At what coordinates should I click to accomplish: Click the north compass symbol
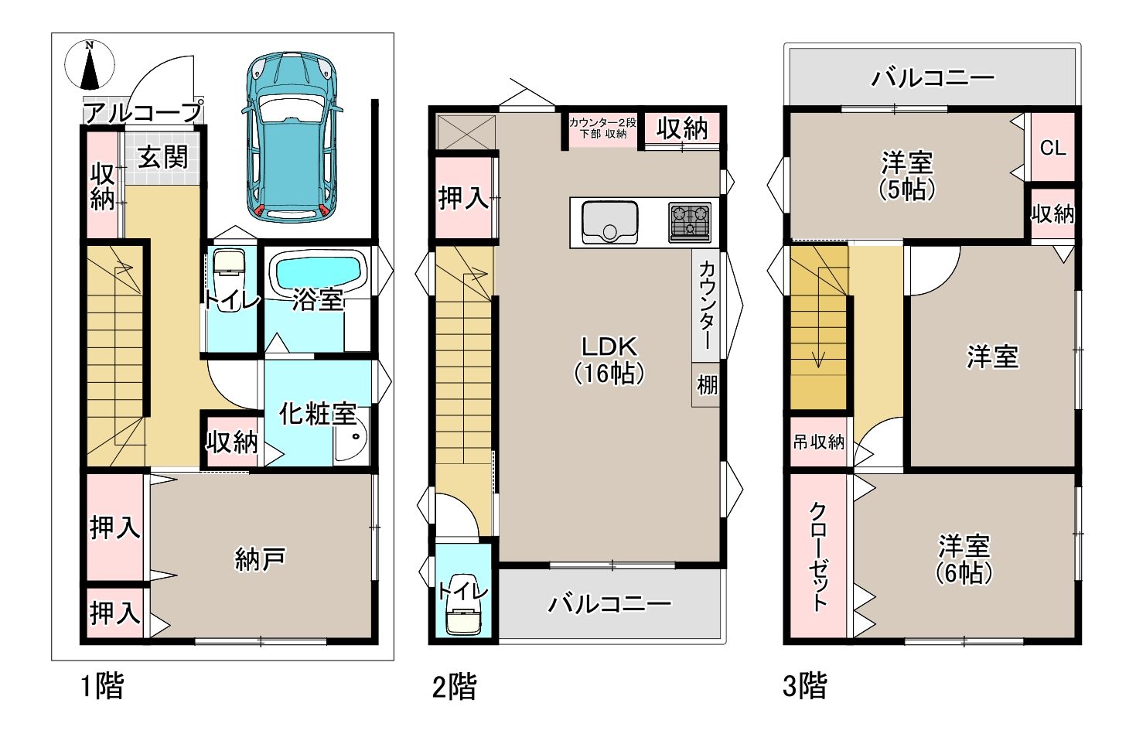point(90,66)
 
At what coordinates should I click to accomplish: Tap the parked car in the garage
point(292,135)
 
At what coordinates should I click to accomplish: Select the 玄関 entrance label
point(163,157)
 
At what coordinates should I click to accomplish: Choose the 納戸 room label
point(260,559)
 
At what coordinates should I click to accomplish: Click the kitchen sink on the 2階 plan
point(609,222)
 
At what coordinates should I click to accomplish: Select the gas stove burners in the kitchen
point(690,222)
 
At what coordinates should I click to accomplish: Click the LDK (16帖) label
point(609,360)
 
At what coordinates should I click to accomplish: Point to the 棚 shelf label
point(707,384)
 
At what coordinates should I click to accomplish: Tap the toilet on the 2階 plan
point(463,605)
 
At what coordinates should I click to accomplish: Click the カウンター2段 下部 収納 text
point(602,128)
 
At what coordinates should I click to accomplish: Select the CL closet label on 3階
point(1052,148)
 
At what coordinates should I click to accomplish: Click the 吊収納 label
point(818,442)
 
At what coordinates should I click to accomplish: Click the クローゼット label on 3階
point(817,556)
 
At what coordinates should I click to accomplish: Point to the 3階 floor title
point(805,685)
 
